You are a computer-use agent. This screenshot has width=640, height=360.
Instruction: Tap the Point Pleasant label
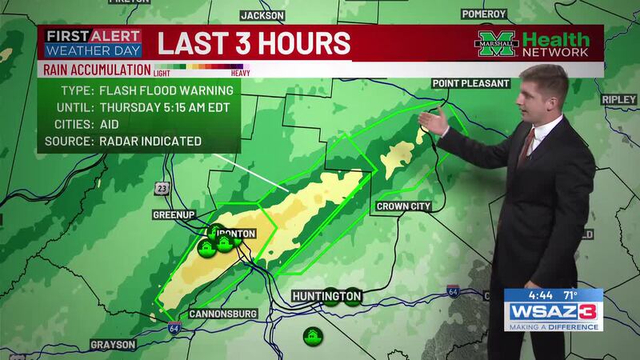pyautogui.click(x=470, y=83)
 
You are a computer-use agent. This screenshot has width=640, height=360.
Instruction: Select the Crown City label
pyautogui.click(x=405, y=206)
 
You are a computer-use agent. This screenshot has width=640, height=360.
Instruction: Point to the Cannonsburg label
pyautogui.click(x=223, y=314)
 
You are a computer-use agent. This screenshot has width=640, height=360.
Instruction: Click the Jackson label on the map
pyautogui.click(x=262, y=14)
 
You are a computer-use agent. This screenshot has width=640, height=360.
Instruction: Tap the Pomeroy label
pyautogui.click(x=484, y=14)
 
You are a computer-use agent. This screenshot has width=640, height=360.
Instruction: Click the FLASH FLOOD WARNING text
pyautogui.click(x=165, y=90)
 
